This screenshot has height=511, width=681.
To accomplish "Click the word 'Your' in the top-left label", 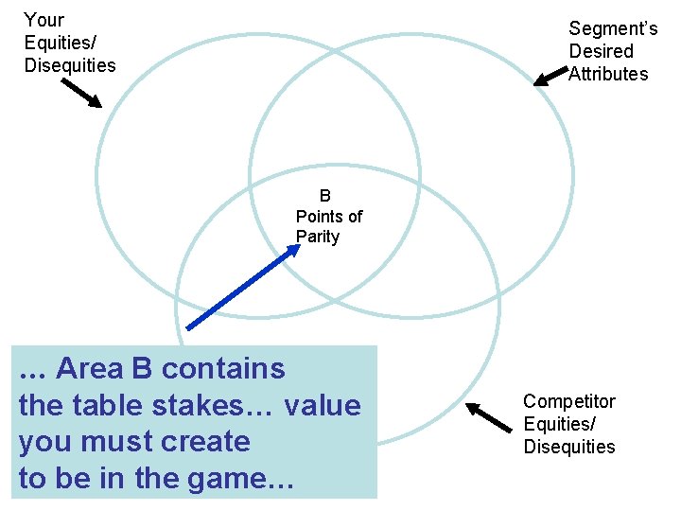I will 44,20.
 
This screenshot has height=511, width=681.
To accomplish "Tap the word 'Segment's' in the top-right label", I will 613,29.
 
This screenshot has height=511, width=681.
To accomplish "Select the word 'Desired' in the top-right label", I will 601,51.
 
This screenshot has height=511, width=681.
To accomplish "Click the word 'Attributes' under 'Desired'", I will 608,74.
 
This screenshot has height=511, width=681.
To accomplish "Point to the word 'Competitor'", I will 569,401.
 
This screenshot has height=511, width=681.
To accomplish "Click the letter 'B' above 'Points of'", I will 325,196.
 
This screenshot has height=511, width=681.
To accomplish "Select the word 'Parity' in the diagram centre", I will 318,237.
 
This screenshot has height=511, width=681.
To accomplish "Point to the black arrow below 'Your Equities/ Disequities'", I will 81,93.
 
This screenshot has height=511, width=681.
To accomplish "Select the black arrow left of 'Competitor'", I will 488,416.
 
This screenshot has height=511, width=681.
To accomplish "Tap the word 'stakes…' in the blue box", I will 213,405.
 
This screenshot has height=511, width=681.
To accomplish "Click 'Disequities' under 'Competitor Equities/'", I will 569,447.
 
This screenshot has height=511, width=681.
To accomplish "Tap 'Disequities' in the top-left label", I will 70,65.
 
